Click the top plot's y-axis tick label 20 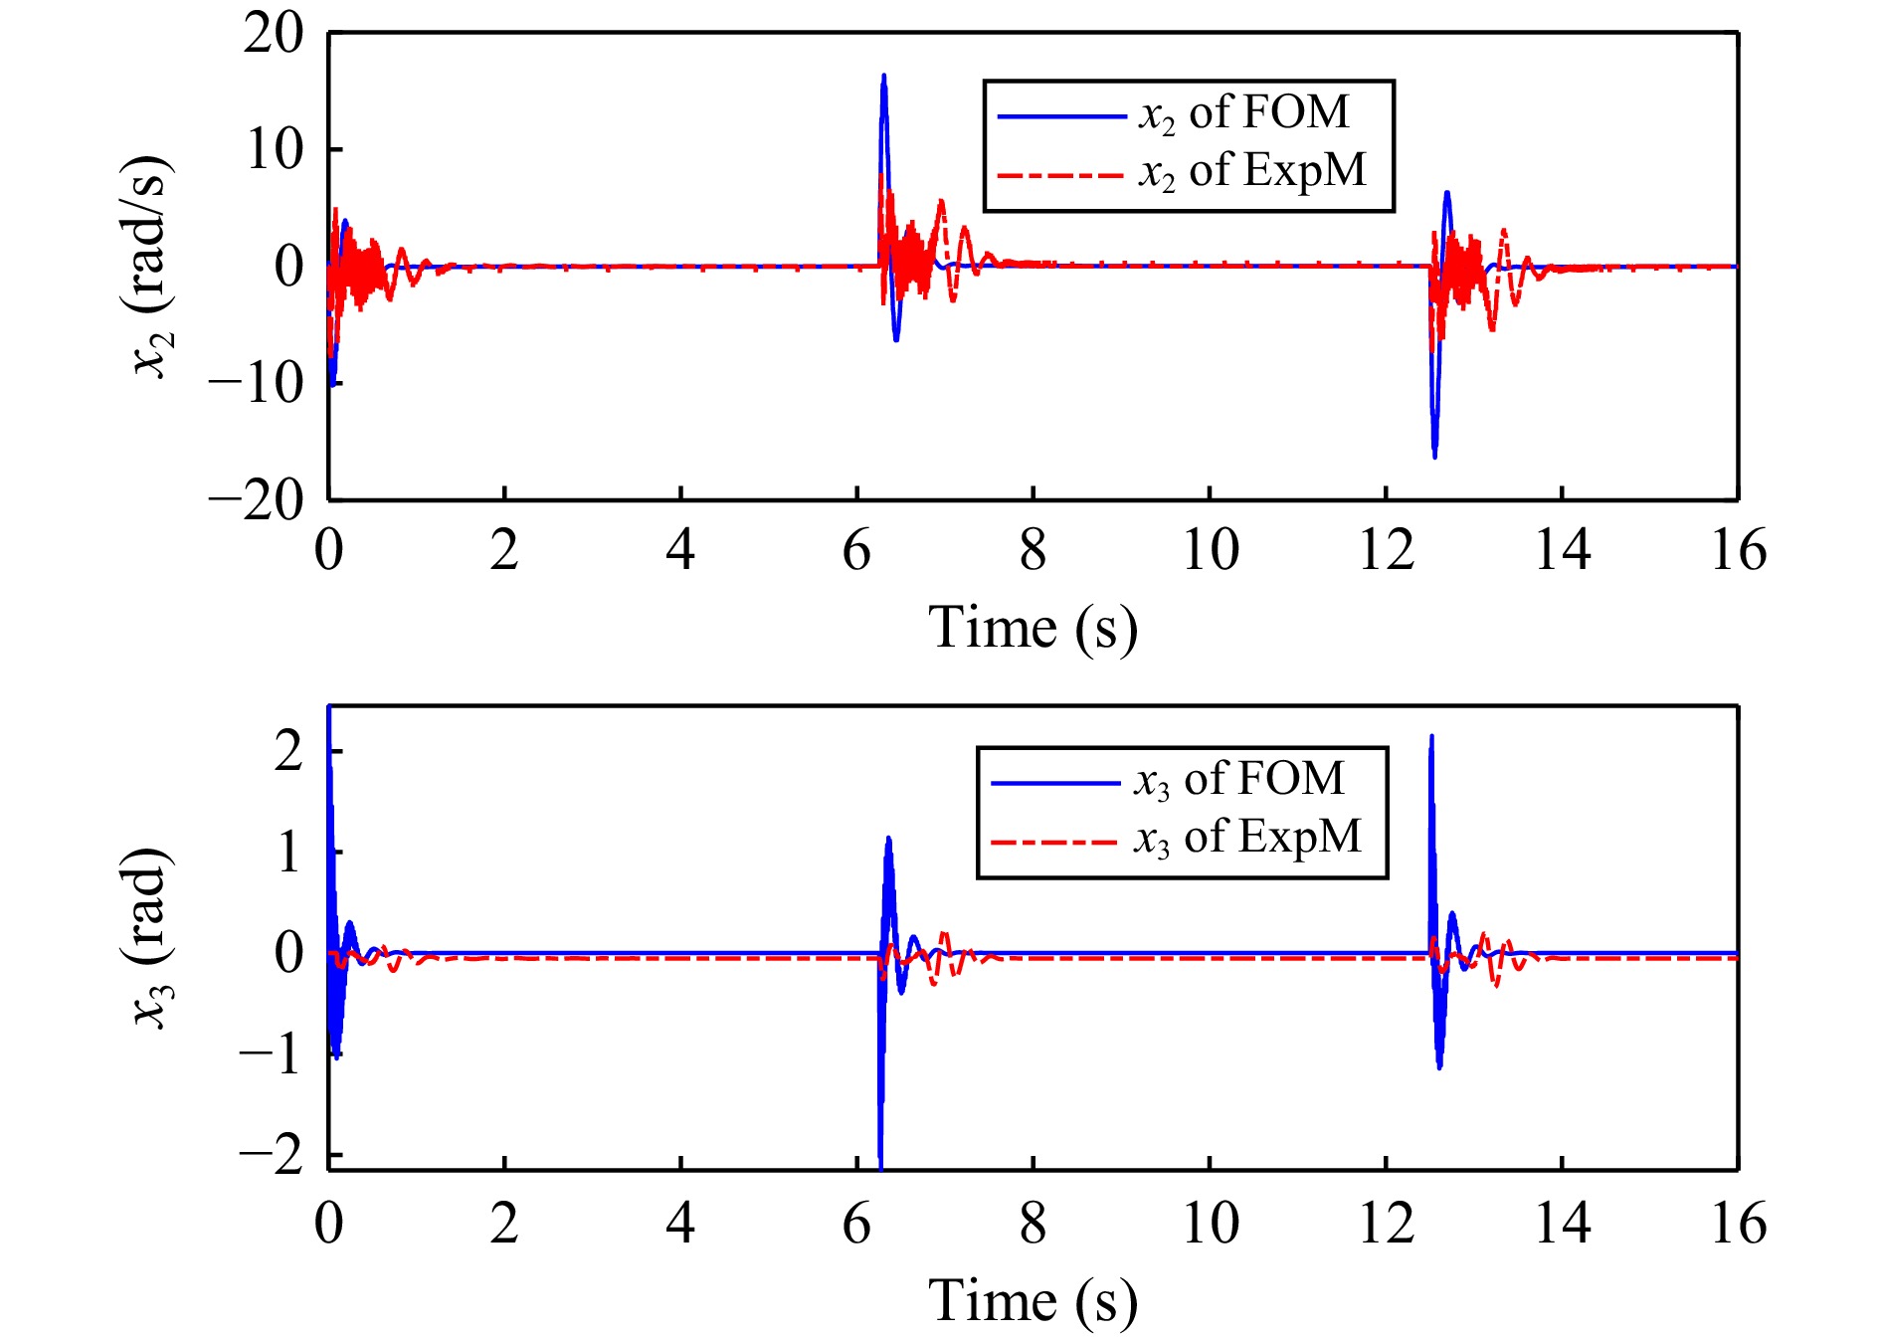[x=274, y=35]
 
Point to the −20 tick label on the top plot [x=257, y=500]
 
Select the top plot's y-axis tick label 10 [x=274, y=151]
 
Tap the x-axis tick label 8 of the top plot [x=1033, y=550]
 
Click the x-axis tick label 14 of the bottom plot [x=1562, y=1224]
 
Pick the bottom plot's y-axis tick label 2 [x=288, y=752]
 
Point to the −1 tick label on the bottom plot [x=271, y=1054]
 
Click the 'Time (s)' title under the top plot [x=1033, y=629]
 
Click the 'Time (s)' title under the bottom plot [x=1033, y=1302]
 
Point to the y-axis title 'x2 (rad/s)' [x=151, y=267]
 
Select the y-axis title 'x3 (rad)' [x=151, y=938]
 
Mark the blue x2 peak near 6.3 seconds [x=883, y=77]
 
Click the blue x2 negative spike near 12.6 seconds [x=1434, y=456]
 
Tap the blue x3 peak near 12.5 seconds [x=1431, y=738]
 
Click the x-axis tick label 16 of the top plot [x=1738, y=550]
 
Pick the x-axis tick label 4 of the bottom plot [x=680, y=1224]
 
